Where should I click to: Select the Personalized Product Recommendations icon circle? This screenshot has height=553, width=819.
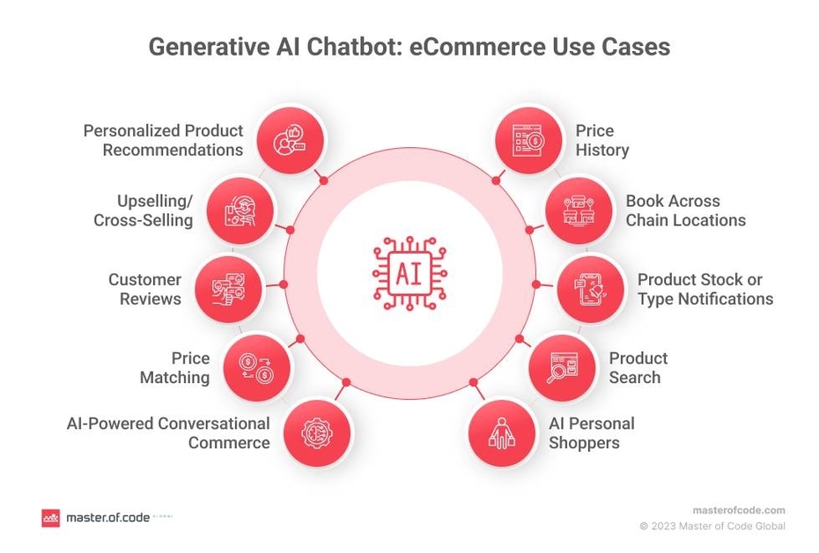291,139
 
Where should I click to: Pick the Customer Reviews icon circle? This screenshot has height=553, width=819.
227,288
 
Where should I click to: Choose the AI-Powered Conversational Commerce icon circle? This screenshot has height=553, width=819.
314,431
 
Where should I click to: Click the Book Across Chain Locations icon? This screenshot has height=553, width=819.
579,210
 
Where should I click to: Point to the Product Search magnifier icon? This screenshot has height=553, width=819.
562,366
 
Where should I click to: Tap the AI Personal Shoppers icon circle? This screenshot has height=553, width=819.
502,431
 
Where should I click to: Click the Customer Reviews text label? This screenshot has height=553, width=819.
144,289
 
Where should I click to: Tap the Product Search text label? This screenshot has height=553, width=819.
638,367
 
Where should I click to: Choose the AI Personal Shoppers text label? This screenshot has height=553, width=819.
591,432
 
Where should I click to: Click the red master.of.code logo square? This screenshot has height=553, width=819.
50,518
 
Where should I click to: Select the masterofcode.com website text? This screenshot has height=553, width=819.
738,510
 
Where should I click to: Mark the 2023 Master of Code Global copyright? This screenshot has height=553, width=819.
712,527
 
